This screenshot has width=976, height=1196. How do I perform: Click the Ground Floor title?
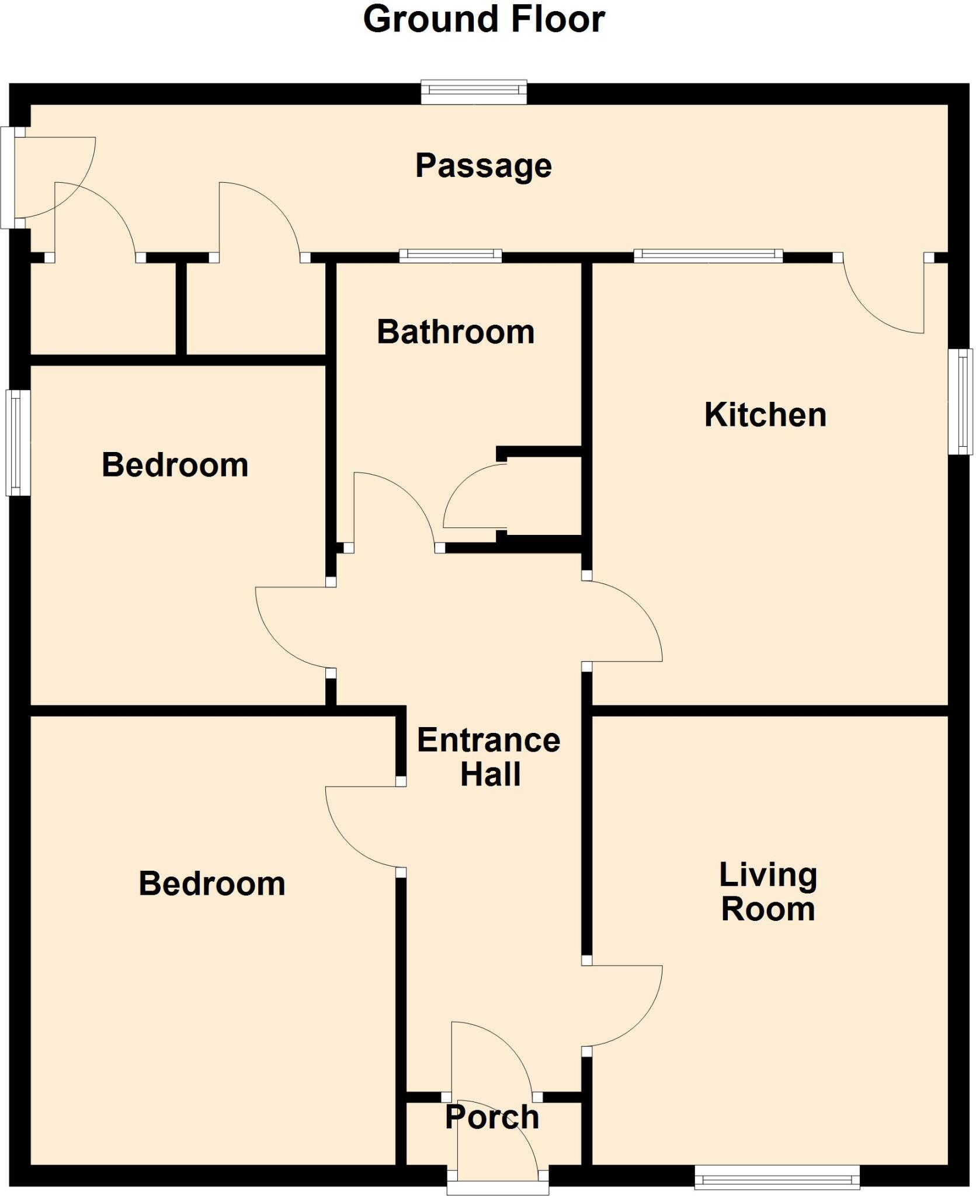tap(484, 20)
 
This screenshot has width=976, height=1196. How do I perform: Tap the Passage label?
tap(483, 166)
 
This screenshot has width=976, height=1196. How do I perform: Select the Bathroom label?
tap(456, 332)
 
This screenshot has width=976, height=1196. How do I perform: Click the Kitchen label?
tap(765, 415)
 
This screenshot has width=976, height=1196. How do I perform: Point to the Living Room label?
tap(767, 892)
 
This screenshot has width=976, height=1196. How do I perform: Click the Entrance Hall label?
tap(489, 757)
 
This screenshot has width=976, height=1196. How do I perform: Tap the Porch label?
tap(492, 1117)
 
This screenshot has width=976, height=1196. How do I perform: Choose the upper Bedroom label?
tap(175, 465)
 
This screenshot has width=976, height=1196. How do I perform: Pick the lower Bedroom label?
tap(212, 884)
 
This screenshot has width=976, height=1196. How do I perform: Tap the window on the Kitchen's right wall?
tap(960, 401)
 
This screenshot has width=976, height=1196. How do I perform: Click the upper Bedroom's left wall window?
tap(18, 443)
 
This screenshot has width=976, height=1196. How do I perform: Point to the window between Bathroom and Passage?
tap(450, 255)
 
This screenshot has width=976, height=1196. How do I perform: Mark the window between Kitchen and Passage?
tap(708, 255)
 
